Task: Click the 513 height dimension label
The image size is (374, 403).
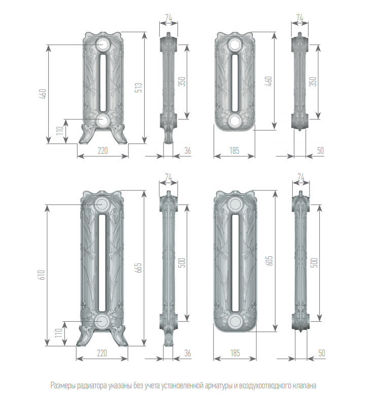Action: click(x=139, y=87)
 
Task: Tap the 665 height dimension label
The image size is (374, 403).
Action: click(x=139, y=267)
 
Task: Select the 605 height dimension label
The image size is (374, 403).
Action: click(x=269, y=260)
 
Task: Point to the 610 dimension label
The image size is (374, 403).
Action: click(x=42, y=275)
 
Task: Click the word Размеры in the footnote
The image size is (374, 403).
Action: click(x=62, y=386)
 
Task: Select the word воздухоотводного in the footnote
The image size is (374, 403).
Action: click(x=264, y=386)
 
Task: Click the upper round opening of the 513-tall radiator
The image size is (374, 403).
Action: click(x=103, y=45)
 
